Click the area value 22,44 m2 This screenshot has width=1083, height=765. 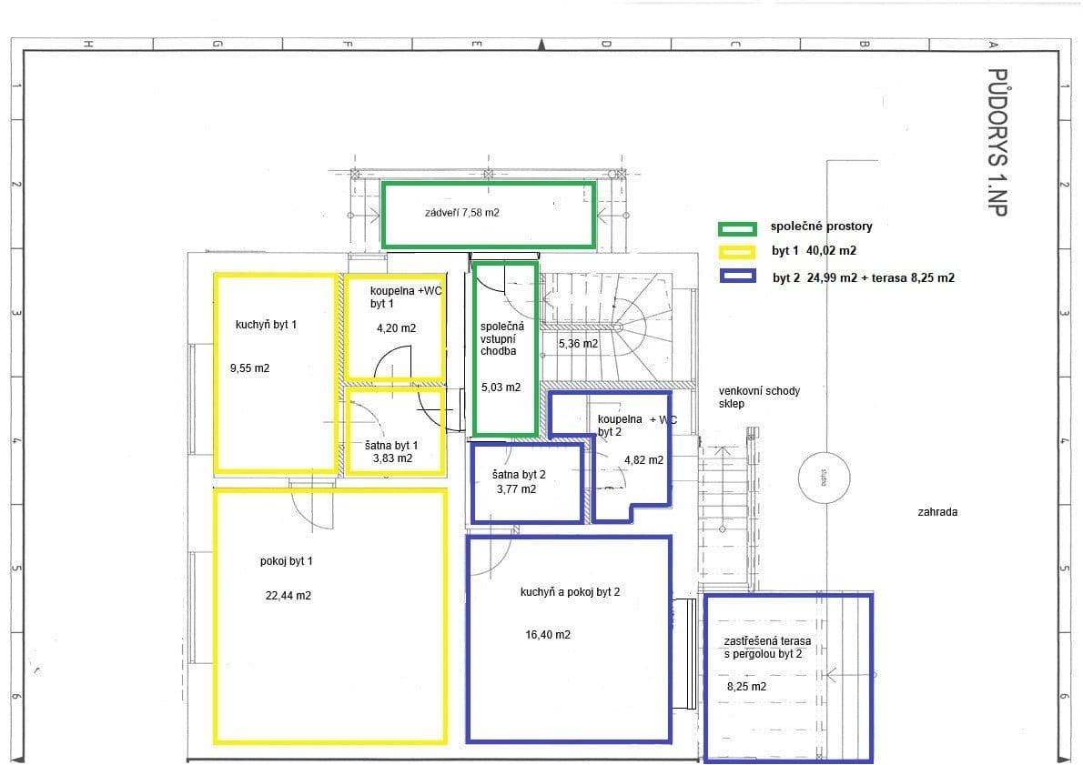tap(288, 596)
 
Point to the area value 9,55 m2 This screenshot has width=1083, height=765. tap(250, 368)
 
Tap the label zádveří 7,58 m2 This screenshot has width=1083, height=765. tap(462, 213)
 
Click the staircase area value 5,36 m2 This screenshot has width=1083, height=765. tap(578, 344)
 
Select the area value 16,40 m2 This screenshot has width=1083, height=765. tap(548, 635)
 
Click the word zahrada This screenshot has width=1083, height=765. tap(937, 512)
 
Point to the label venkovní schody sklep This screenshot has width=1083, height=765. tap(759, 398)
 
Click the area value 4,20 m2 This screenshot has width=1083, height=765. tap(396, 328)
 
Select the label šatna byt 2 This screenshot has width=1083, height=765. tap(519, 475)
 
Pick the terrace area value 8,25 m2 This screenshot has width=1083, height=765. tap(746, 687)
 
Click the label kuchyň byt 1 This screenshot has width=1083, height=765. tap(266, 324)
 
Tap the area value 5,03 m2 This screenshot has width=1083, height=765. tap(501, 388)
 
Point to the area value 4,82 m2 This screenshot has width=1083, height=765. tap(643, 460)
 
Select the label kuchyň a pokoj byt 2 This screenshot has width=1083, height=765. tap(571, 592)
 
